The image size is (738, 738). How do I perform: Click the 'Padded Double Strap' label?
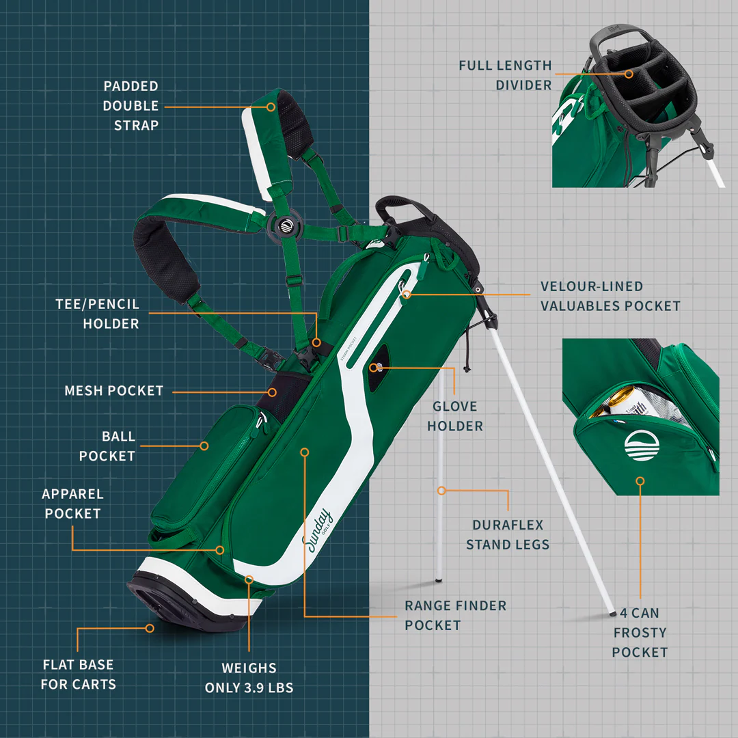pos(131,106)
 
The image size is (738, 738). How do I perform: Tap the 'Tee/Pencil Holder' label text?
pos(97,314)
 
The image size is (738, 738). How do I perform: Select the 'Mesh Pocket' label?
pos(114,391)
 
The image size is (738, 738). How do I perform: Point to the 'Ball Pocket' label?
pos(107,446)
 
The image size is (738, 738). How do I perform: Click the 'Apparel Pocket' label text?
pos(72,504)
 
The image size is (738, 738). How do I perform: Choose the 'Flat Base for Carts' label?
pos(78,674)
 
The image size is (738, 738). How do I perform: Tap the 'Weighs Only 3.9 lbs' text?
pos(249,678)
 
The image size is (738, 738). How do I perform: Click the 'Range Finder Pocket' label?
pos(455,615)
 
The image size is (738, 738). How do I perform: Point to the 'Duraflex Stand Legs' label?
pos(508,534)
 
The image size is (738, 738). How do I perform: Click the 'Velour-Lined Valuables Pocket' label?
pos(610,296)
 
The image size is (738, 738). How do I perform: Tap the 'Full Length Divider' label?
pos(505,75)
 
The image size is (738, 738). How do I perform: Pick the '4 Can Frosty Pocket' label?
pos(640,632)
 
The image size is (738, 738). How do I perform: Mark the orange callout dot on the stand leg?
pos(441,491)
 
